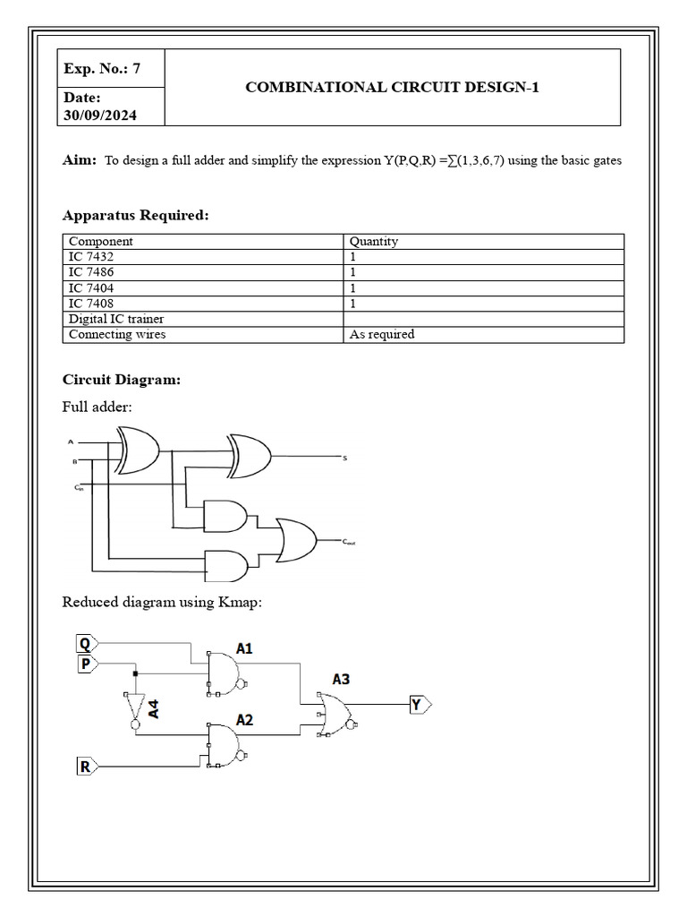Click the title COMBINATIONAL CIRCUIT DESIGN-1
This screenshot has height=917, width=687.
pyautogui.click(x=393, y=87)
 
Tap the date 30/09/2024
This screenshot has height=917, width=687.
pyautogui.click(x=99, y=116)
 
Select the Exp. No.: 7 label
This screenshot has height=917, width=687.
pyautogui.click(x=101, y=69)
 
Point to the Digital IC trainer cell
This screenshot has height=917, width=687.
pyautogui.click(x=116, y=319)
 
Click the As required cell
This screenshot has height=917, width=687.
pyautogui.click(x=381, y=334)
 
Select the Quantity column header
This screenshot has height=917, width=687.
pyautogui.click(x=373, y=241)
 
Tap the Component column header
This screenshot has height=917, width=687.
pyautogui.click(x=101, y=241)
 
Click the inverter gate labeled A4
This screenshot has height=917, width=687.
pyautogui.click(x=134, y=710)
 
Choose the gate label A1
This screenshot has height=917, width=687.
pyautogui.click(x=244, y=647)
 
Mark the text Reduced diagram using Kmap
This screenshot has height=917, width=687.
pyautogui.click(x=162, y=602)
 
